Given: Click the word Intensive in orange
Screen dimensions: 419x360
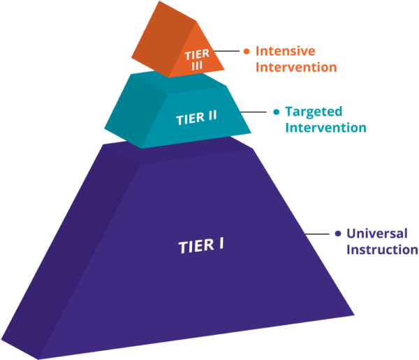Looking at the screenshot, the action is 285,51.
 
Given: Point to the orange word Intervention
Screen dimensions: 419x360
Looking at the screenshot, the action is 297,68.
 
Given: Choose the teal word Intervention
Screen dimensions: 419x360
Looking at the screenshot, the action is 326,128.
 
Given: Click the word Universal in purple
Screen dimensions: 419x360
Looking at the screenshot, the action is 377,234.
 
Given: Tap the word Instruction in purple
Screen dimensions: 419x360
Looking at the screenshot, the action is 382,250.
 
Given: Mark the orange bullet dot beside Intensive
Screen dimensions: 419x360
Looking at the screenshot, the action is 246,51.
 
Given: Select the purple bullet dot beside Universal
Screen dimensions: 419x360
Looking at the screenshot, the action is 337,234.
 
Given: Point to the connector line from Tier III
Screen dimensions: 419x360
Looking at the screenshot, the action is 226,51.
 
